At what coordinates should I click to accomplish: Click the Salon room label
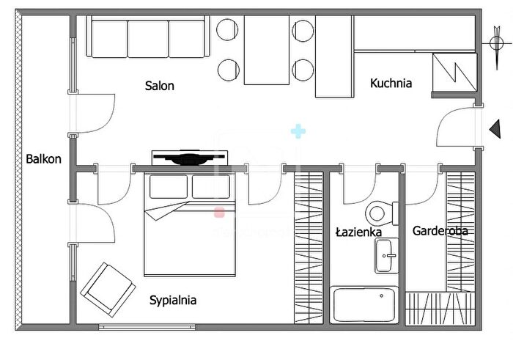click(x=159, y=86)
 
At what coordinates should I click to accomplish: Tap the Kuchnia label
click(x=391, y=83)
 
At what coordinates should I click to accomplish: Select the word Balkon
click(x=43, y=159)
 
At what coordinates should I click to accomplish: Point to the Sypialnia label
click(x=173, y=300)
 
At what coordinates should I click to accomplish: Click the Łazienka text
click(x=359, y=232)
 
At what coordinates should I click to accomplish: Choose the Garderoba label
click(x=440, y=231)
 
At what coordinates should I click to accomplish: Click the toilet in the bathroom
click(x=382, y=213)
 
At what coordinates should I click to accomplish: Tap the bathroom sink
click(x=386, y=256)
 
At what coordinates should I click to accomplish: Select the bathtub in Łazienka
click(x=363, y=305)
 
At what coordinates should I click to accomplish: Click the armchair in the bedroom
click(x=108, y=290)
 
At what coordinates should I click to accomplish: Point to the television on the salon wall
click(x=190, y=158)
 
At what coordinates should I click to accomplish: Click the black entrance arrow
click(x=495, y=129)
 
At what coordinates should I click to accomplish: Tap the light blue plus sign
click(x=298, y=131)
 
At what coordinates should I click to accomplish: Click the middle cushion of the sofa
click(x=148, y=39)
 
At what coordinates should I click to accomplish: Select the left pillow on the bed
click(x=169, y=186)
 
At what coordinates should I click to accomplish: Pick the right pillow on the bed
click(x=211, y=186)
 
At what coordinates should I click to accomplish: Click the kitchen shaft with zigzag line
click(x=454, y=73)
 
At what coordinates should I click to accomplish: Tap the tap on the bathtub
click(x=382, y=296)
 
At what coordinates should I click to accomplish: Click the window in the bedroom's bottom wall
click(x=147, y=326)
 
